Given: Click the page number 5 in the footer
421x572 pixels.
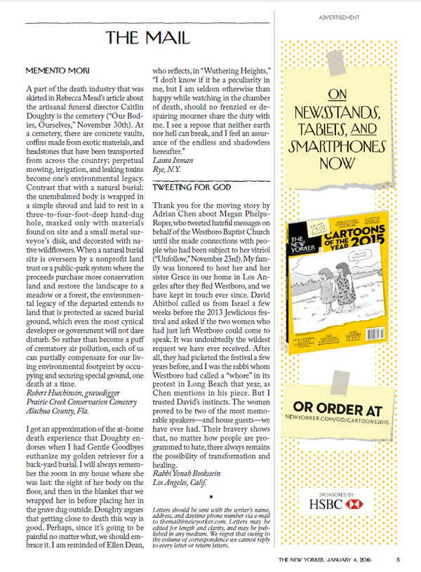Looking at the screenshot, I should coord(398,559).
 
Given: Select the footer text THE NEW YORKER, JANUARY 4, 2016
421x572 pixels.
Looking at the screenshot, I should coord(329,559).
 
